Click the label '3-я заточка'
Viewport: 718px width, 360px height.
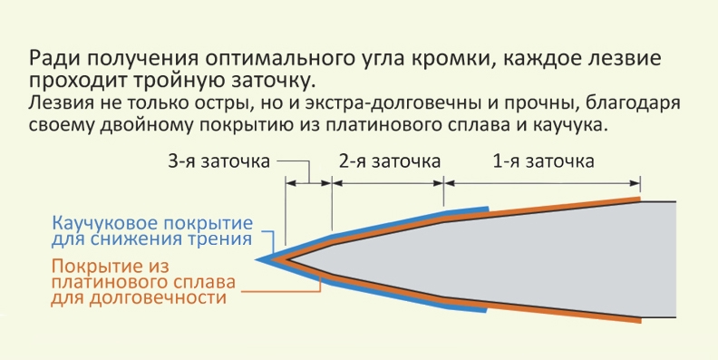(218, 161)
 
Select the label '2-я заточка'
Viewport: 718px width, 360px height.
(390, 161)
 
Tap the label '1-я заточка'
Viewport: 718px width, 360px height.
(544, 161)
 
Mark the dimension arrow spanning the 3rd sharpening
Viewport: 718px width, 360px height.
(308, 183)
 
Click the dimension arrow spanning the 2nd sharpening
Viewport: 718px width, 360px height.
(388, 183)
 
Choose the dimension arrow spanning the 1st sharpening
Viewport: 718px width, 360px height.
(542, 183)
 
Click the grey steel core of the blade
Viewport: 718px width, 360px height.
(527, 259)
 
